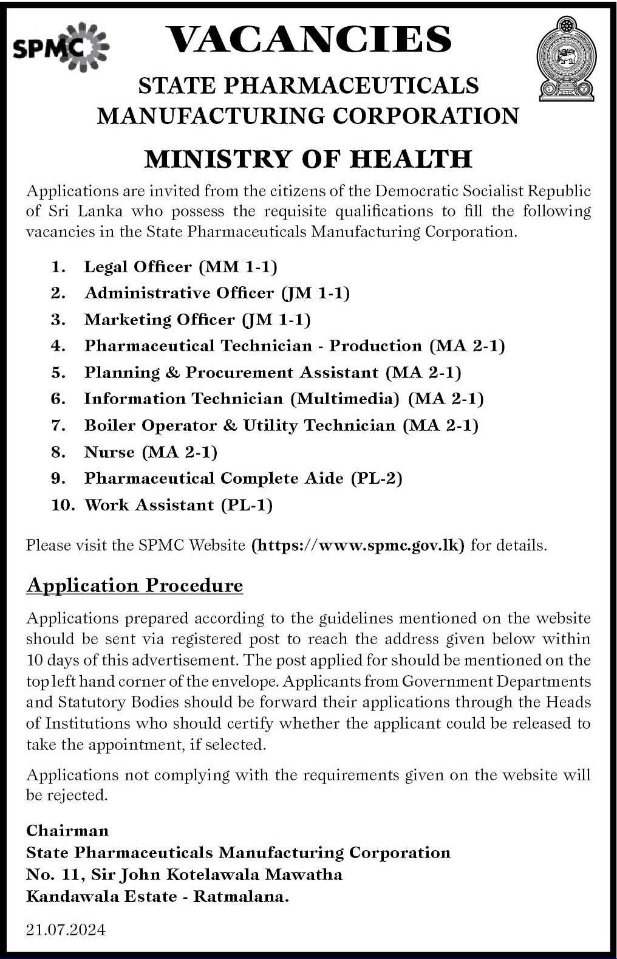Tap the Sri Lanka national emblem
click(566, 59)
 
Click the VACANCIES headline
click(308, 40)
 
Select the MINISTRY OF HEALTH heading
click(308, 159)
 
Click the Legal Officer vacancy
click(138, 267)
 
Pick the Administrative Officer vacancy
click(179, 294)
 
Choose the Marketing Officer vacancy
click(159, 320)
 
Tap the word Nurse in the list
click(109, 452)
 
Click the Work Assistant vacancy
click(149, 505)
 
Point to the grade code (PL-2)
click(377, 478)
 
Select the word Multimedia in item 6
click(345, 399)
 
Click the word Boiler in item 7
click(111, 425)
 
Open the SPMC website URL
click(358, 545)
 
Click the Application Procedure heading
click(135, 585)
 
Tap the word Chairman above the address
click(67, 831)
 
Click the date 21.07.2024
click(66, 929)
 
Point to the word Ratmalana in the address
click(241, 896)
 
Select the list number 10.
click(63, 505)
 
